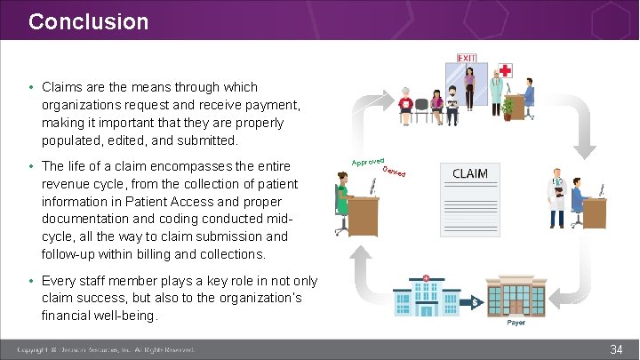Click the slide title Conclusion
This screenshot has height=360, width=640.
[88, 21]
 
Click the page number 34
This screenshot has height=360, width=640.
[615, 349]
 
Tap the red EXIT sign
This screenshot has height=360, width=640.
[467, 59]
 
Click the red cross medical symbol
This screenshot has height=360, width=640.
[505, 70]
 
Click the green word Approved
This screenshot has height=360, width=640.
[367, 161]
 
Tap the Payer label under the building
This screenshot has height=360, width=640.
[516, 322]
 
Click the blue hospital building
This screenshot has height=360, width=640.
[426, 298]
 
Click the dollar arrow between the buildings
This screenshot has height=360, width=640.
[476, 303]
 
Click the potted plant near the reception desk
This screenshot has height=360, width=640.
[508, 107]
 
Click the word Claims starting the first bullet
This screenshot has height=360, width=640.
[63, 87]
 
